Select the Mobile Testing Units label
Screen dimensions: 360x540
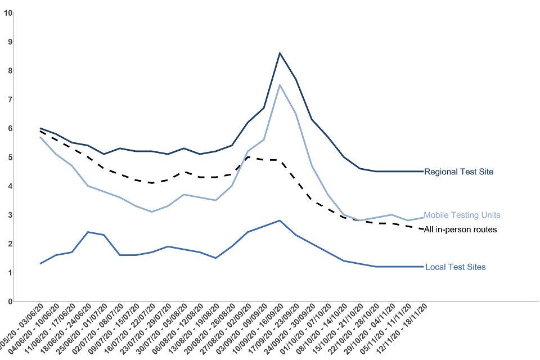coord(462,215)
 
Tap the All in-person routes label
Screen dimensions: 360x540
coord(460,229)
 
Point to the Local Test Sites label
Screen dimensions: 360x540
coord(455,267)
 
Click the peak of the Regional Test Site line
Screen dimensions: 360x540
coord(280,53)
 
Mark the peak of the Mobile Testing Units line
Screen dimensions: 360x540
coord(280,85)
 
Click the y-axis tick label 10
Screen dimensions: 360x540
coord(8,12)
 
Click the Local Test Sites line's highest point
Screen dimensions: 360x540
coord(280,220)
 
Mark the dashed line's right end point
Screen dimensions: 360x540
coord(422,229)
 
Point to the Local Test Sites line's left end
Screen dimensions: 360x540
coord(40,263)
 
